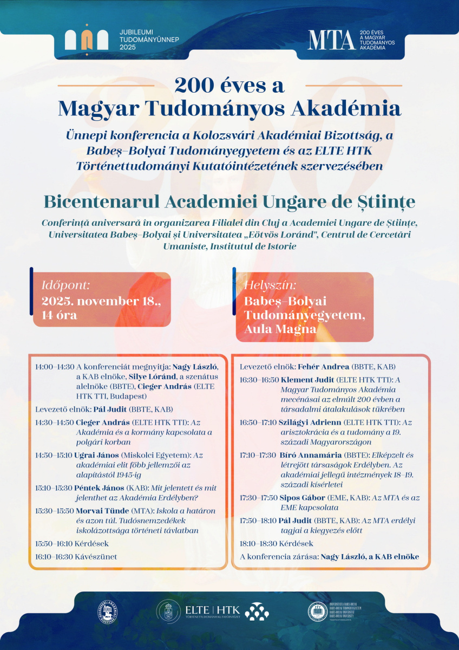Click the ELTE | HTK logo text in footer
[x=212, y=609]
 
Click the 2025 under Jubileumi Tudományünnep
[x=128, y=47]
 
